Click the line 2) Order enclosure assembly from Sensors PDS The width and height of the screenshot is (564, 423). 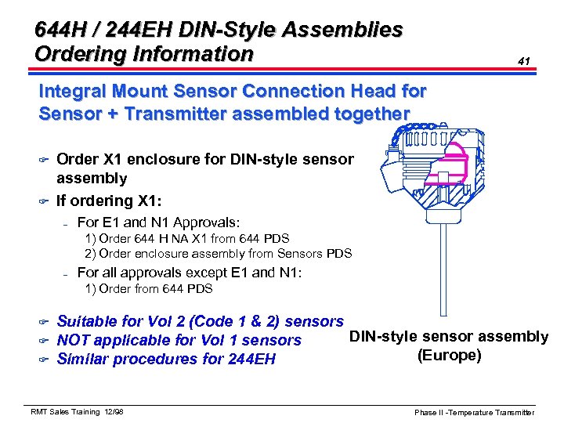(x=219, y=253)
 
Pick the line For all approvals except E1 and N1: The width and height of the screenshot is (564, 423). (x=190, y=273)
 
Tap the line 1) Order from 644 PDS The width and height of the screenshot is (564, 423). (x=149, y=289)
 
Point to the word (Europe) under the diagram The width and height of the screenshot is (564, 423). (x=449, y=355)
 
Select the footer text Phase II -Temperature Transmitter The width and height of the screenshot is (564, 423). (x=475, y=412)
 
